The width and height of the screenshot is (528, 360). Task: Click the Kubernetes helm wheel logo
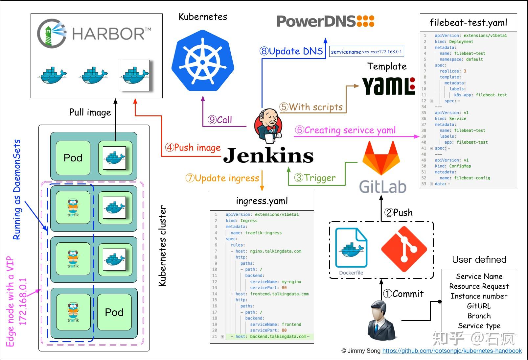pos(203,61)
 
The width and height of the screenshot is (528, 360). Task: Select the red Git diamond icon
pos(404,249)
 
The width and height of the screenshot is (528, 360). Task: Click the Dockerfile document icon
pos(351,248)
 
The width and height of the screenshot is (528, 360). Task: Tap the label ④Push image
pos(193,147)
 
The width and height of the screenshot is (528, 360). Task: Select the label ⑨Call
pos(220,120)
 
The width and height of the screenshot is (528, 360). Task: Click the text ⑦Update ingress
pos(222,178)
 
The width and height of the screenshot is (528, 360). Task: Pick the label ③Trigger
pos(315,178)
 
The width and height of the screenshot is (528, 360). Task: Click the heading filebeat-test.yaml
pos(468,23)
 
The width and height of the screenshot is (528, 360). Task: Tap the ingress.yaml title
pos(262,201)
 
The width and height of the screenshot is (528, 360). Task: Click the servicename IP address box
pos(366,52)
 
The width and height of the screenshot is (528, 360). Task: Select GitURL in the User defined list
pos(479,306)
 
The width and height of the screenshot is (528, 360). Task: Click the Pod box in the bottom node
pos(114,312)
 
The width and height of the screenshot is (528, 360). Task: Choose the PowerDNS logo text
pos(325,21)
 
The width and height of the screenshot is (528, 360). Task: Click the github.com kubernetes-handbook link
pos(452,351)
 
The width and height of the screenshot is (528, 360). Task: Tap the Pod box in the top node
pos(73,158)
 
